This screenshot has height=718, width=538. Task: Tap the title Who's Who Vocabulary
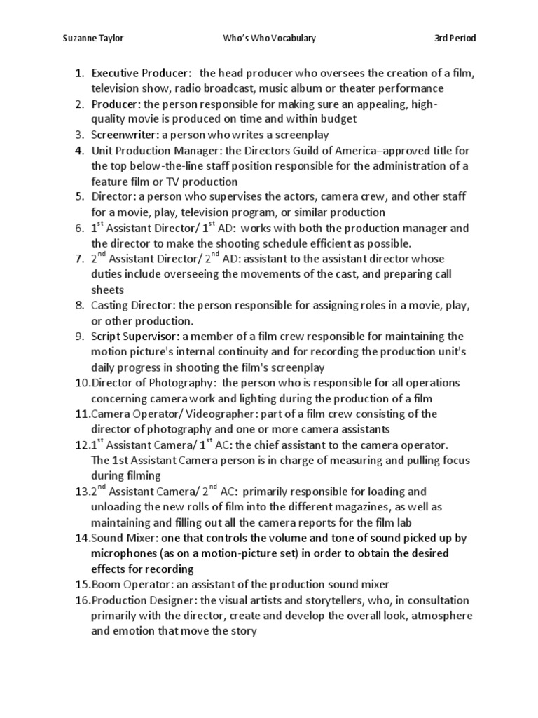(269, 38)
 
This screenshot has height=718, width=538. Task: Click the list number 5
(79, 197)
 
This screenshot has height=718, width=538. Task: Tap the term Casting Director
(133, 306)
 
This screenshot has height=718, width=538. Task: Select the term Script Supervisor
(135, 337)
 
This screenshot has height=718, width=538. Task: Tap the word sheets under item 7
(106, 290)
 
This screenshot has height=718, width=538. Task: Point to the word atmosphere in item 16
(439, 616)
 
